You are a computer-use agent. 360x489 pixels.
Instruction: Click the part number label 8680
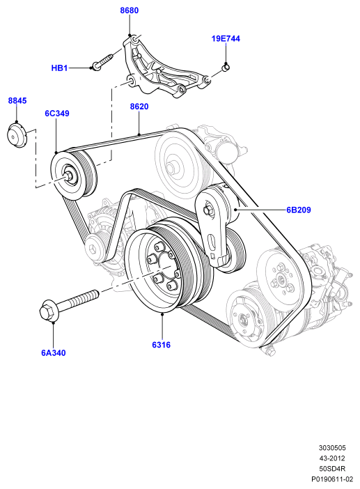pyautogui.click(x=130, y=10)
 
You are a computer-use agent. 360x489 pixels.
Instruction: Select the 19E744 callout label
pyautogui.click(x=226, y=39)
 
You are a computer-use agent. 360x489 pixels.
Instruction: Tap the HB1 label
pyautogui.click(x=59, y=68)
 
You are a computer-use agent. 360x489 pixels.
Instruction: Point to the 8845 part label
pyautogui.click(x=17, y=100)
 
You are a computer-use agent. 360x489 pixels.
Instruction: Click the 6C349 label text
pyautogui.click(x=56, y=114)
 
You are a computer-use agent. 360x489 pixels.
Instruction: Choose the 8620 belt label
pyautogui.click(x=139, y=107)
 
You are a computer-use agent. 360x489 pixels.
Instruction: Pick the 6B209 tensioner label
pyautogui.click(x=299, y=210)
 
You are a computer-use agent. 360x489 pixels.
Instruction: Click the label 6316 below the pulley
pyautogui.click(x=161, y=345)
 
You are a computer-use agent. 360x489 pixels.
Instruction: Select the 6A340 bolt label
pyautogui.click(x=54, y=352)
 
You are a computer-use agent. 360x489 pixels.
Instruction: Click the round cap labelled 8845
pyautogui.click(x=17, y=135)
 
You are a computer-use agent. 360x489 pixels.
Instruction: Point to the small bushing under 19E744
pyautogui.click(x=226, y=67)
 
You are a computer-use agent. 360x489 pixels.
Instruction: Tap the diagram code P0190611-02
pyautogui.click(x=332, y=479)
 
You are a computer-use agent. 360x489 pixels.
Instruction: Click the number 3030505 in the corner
pyautogui.click(x=332, y=448)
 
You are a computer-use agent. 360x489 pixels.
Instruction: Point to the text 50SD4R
pyautogui.click(x=332, y=468)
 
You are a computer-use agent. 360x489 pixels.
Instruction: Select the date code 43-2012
pyautogui.click(x=332, y=458)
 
